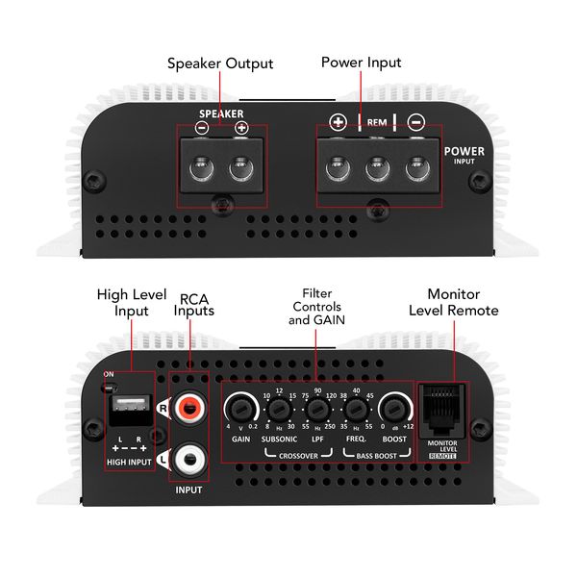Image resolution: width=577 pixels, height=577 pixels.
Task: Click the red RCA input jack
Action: pyautogui.click(x=188, y=408)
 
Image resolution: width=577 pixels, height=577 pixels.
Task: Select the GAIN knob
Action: pyautogui.click(x=241, y=408)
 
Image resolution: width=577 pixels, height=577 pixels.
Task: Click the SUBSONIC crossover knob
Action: pyautogui.click(x=279, y=410)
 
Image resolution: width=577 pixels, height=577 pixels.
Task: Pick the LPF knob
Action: pyautogui.click(x=317, y=410)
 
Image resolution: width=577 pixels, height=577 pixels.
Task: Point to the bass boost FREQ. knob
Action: pyautogui.click(x=356, y=410)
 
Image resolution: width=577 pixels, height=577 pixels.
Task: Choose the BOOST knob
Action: pyautogui.click(x=394, y=408)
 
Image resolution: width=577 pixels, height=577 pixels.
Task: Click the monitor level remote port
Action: pyautogui.click(x=442, y=410)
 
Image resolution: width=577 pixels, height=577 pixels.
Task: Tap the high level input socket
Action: pyautogui.click(x=130, y=409)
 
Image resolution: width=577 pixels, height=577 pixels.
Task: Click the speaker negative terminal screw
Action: pyautogui.click(x=201, y=169)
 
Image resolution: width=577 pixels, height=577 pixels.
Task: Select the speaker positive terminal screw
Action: pyautogui.click(x=241, y=169)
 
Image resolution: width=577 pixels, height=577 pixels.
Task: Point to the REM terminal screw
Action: pyautogui.click(x=378, y=169)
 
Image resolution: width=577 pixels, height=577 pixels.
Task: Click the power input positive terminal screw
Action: pyautogui.click(x=338, y=169)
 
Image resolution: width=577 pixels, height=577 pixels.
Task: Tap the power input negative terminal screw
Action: pyautogui.click(x=417, y=169)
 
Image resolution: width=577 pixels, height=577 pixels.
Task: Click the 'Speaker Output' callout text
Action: pyautogui.click(x=220, y=63)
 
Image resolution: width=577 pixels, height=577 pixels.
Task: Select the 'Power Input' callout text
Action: pyautogui.click(x=361, y=63)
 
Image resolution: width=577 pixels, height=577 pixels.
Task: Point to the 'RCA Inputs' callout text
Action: pyautogui.click(x=194, y=305)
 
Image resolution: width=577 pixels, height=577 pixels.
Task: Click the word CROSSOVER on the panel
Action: pyautogui.click(x=298, y=456)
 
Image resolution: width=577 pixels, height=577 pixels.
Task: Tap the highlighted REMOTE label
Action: pyautogui.click(x=442, y=456)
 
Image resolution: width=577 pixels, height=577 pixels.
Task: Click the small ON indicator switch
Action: pyautogui.click(x=110, y=388)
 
